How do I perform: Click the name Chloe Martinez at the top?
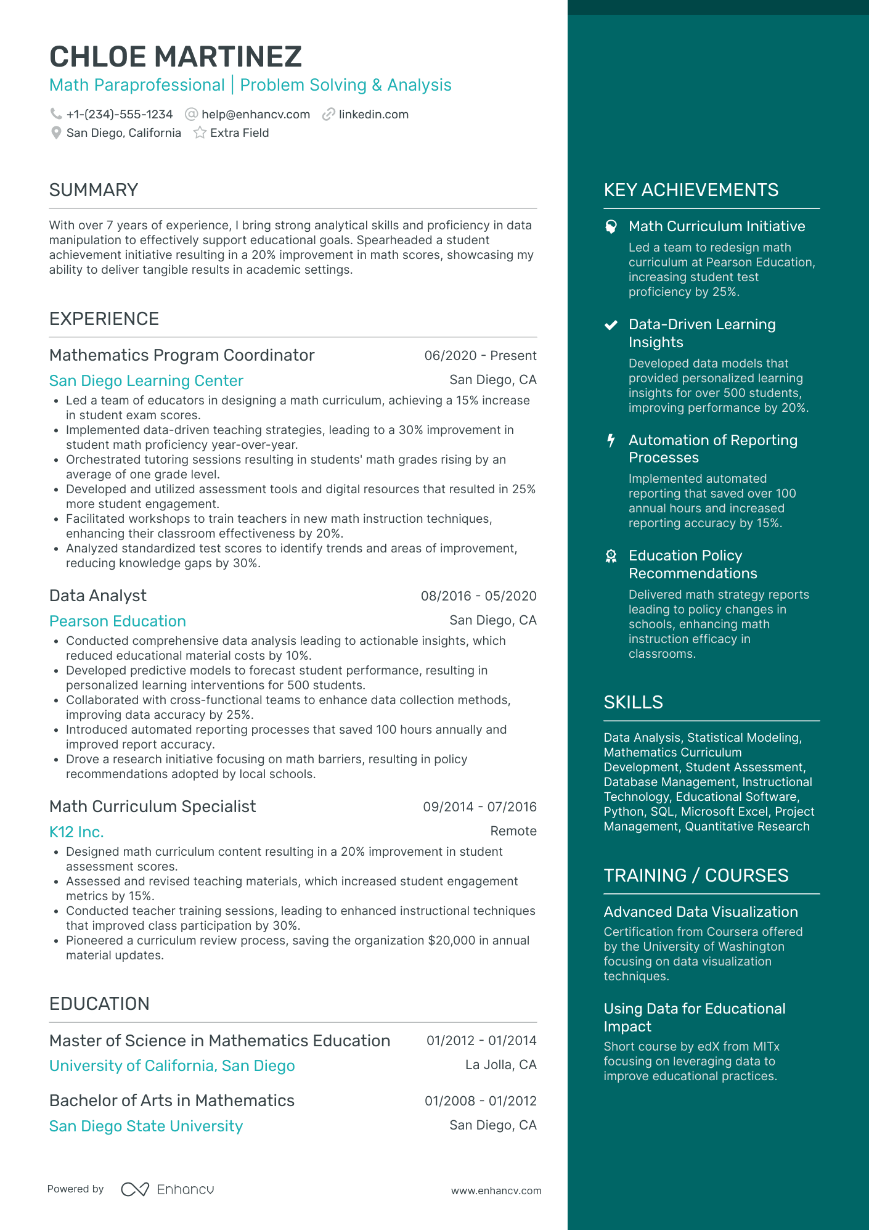(176, 57)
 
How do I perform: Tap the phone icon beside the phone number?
(56, 114)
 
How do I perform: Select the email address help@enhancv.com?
(255, 114)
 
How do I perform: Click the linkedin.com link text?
(373, 114)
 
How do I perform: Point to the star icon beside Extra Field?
(200, 133)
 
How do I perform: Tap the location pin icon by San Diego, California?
(56, 133)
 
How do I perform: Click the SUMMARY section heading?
(94, 190)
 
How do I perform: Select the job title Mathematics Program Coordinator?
(182, 355)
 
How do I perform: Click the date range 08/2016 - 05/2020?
(478, 596)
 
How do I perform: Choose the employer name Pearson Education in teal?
(118, 621)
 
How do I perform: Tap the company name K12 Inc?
(76, 832)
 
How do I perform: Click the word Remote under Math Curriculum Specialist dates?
(513, 831)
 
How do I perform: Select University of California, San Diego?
(172, 1065)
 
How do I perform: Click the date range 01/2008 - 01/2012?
(480, 1101)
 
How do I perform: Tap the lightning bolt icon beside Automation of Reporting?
(611, 440)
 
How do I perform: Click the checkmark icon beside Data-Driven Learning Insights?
(611, 325)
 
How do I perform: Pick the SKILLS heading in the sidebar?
(633, 702)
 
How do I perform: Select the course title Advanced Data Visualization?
(701, 912)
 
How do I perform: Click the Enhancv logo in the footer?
(168, 1189)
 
